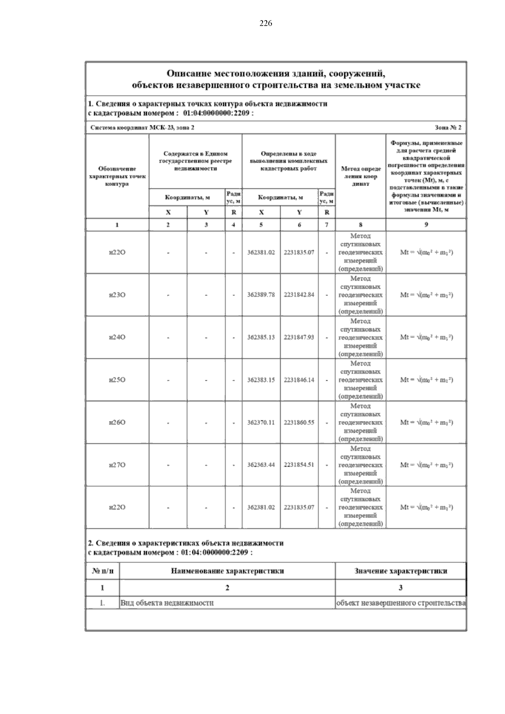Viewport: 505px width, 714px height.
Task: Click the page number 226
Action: coord(265,24)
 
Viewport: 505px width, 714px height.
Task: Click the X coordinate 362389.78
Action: coord(261,295)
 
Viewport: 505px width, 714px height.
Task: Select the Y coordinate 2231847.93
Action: coord(299,337)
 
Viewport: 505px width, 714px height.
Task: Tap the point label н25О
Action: coord(117,380)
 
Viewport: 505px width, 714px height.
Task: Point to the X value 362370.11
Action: coord(261,422)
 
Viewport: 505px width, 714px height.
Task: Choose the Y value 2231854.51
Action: coord(299,464)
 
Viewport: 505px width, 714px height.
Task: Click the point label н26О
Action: coord(117,422)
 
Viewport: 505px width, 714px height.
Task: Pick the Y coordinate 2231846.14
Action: coord(299,380)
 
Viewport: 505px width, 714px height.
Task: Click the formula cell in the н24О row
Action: coord(426,337)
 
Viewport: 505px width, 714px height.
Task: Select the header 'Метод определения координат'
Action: coord(361,176)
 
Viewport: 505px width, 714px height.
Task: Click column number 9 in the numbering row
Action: coord(426,225)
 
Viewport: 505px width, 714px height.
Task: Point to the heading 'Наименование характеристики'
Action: coord(227,571)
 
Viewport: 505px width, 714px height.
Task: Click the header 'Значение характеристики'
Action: coord(401,571)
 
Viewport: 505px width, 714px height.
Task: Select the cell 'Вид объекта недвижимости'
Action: coord(167,603)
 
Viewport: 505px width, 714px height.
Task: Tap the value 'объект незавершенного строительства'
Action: coord(401,603)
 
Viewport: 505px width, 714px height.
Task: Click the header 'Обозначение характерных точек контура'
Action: coord(117,176)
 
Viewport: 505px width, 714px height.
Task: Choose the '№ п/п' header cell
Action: coord(102,571)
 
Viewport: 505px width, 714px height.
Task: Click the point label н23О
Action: coord(117,295)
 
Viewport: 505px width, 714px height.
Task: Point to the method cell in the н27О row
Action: coord(361,464)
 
